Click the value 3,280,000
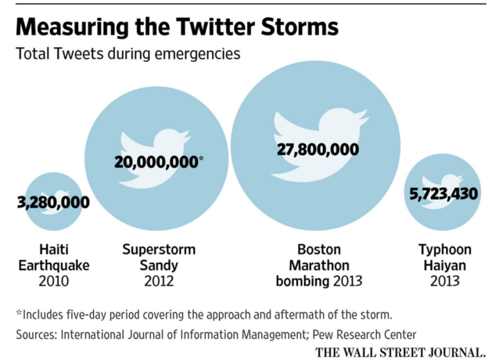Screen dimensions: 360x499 coord(53,203)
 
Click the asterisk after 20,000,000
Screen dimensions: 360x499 coord(201,159)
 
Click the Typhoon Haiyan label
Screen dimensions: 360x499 coord(443,257)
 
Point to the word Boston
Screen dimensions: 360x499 coord(318,250)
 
